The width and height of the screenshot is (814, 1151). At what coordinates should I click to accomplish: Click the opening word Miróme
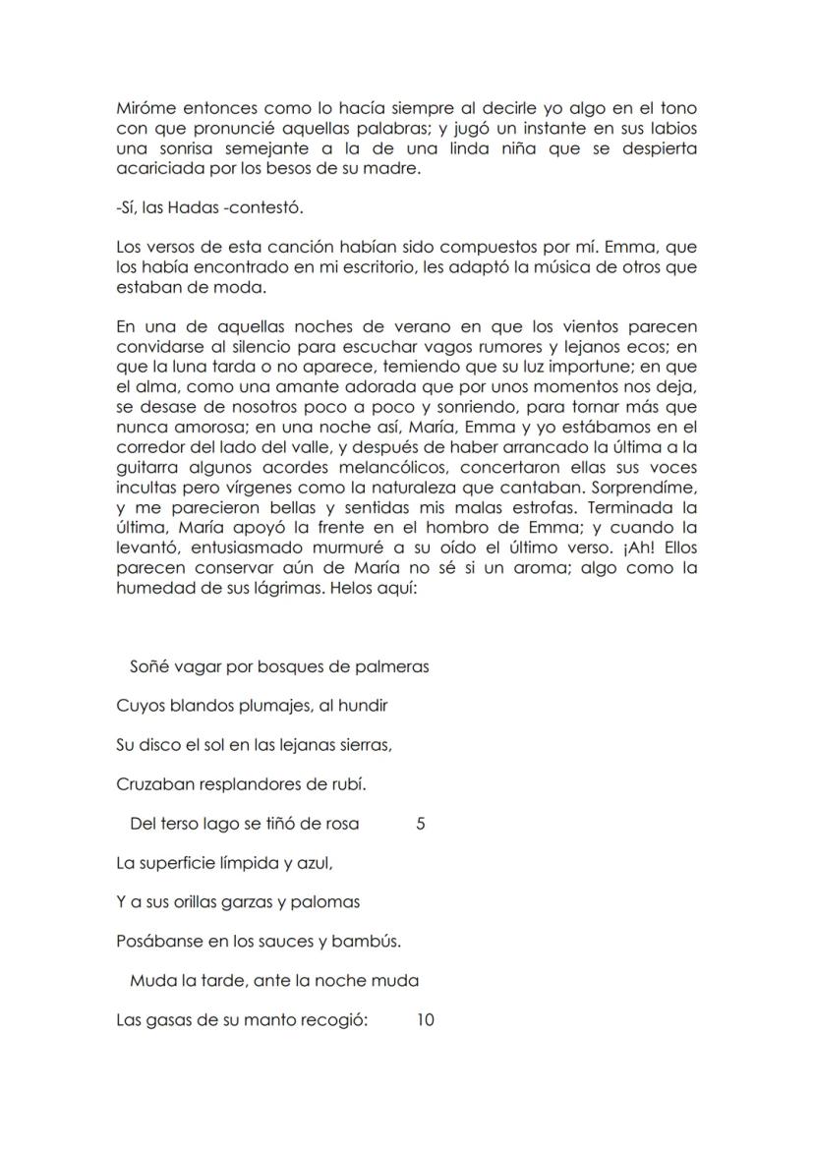click(145, 109)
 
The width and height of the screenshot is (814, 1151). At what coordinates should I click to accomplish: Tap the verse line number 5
click(421, 824)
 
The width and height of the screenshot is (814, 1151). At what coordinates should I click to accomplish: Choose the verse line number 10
click(425, 1020)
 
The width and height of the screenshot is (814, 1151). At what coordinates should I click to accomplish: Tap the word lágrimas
click(283, 587)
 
